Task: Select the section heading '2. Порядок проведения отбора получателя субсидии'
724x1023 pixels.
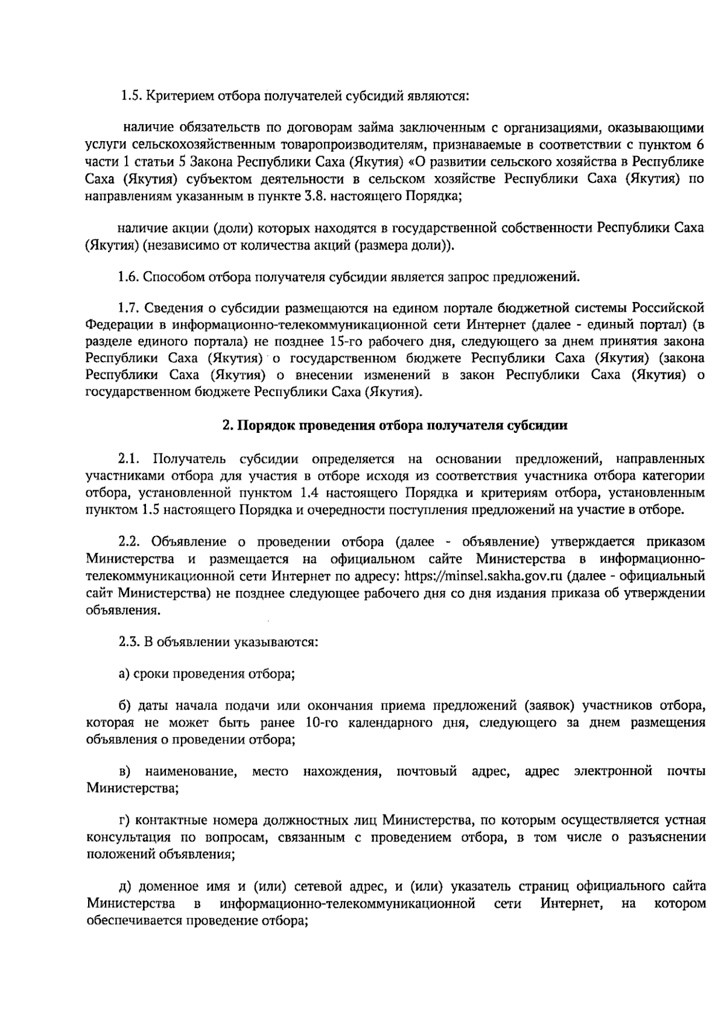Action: point(395,425)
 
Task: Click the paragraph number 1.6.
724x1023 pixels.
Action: point(130,277)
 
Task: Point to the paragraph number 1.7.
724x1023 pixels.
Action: point(130,308)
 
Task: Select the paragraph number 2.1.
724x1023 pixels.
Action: point(130,459)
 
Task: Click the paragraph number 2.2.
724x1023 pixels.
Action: point(130,541)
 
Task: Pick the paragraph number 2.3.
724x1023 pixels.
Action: point(130,641)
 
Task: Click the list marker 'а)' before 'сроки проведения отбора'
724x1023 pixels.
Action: point(124,674)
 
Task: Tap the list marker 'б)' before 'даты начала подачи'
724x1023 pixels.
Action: point(124,705)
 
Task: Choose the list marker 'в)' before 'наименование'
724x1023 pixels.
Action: point(124,771)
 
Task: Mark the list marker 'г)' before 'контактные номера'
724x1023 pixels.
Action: point(123,820)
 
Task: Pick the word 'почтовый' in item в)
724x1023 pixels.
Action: point(426,771)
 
